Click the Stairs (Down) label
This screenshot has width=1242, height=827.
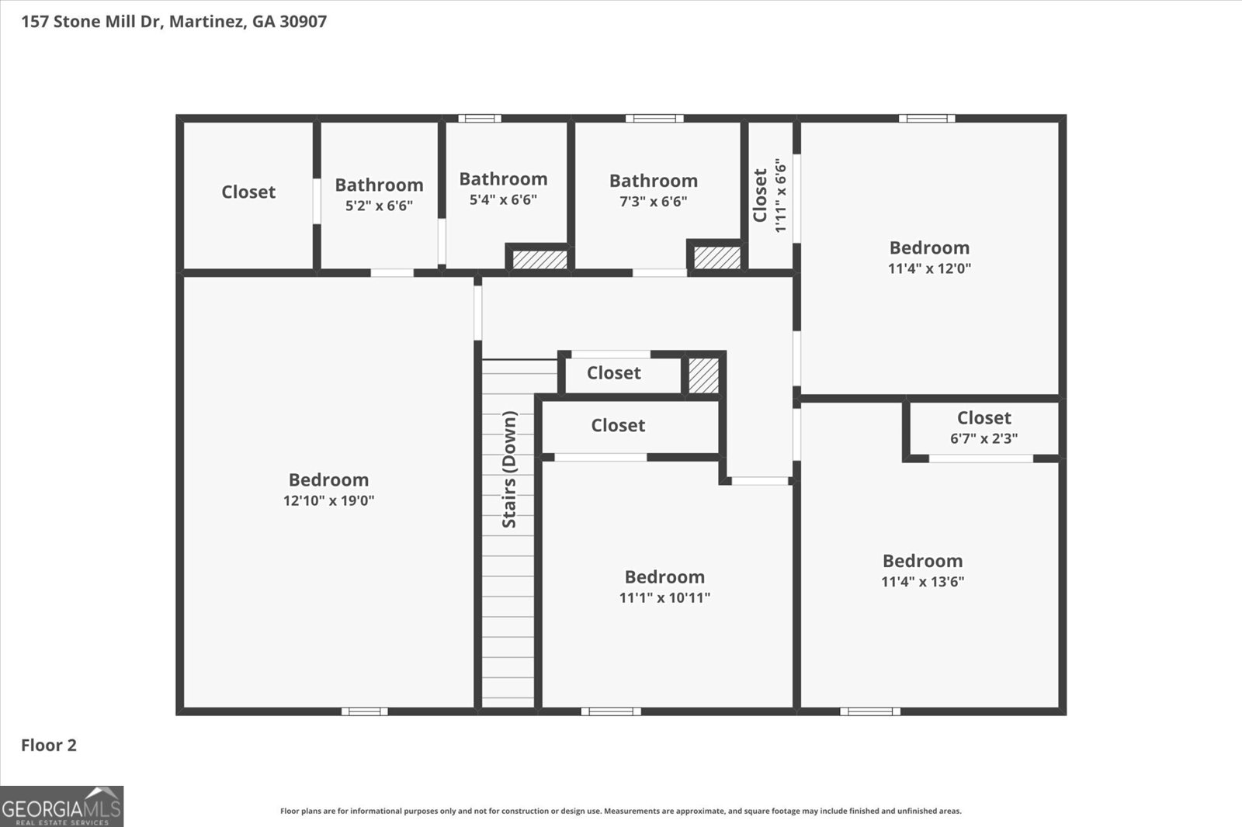coord(509,469)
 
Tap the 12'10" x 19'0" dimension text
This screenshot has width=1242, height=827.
coord(328,500)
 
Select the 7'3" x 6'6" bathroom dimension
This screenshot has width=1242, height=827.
coord(653,201)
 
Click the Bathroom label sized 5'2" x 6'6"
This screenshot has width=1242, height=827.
coord(379,185)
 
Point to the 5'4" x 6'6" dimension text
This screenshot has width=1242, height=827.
coord(503,199)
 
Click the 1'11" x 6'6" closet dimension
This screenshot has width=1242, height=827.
coord(781,196)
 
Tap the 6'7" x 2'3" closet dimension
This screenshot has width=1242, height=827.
coord(984,438)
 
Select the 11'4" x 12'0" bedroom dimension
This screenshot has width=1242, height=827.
coord(929,268)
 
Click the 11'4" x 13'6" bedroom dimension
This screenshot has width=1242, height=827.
coord(922,581)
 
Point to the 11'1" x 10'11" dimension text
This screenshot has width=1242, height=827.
coord(664,597)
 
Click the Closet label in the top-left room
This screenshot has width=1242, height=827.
coord(248,192)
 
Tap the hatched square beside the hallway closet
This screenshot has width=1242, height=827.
coord(704,375)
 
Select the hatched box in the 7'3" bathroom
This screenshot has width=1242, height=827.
coord(716,258)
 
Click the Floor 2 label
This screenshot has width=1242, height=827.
coord(49,745)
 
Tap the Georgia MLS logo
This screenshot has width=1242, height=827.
coord(61,807)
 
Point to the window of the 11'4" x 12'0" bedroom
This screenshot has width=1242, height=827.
coord(927,119)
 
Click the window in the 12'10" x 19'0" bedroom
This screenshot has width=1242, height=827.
coord(364,711)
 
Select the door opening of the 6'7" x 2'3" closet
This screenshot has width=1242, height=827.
coord(981,458)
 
